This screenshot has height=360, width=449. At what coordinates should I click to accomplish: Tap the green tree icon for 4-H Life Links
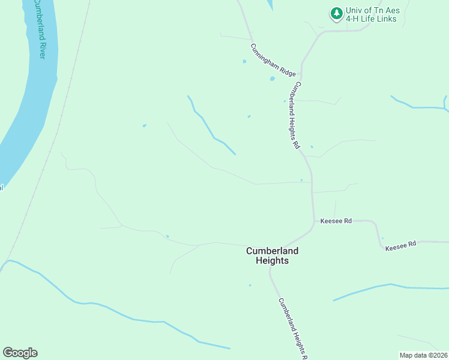coord(336,13)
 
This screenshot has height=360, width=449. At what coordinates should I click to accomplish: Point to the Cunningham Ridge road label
coord(273,60)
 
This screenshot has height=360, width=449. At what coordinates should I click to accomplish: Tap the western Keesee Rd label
coord(336,221)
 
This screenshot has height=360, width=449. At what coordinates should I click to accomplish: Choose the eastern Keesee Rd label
coord(400,245)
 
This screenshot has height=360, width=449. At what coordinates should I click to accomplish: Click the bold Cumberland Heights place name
coord(272,256)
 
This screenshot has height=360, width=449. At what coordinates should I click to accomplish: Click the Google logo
coord(20,353)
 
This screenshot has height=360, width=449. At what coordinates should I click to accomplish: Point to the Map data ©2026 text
coord(423,355)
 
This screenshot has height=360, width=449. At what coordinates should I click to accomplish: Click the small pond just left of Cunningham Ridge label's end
coord(272,79)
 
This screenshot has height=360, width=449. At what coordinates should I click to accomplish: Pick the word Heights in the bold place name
coord(272,261)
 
